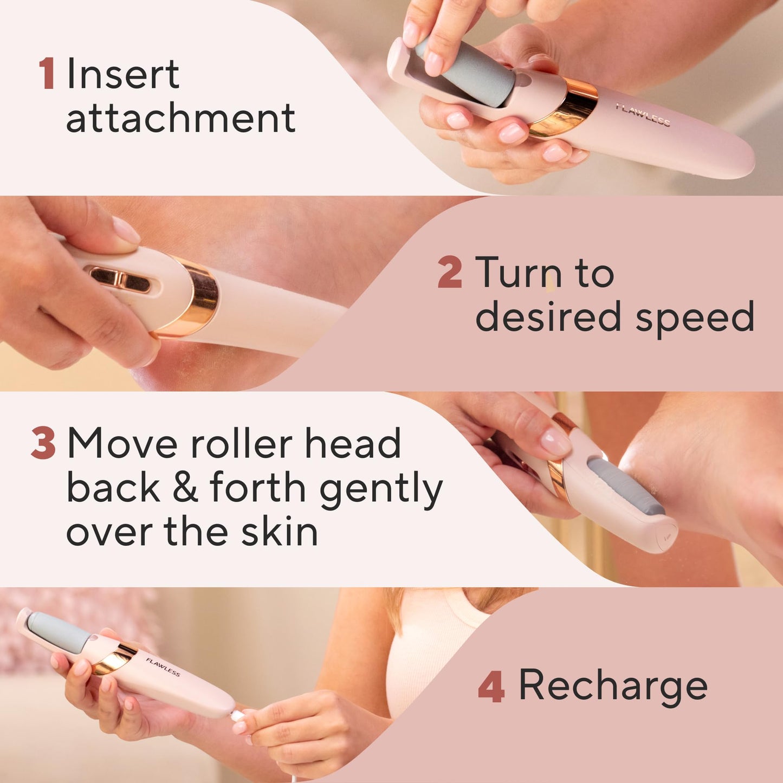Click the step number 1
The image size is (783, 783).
(x=47, y=74)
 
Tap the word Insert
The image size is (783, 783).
(x=122, y=74)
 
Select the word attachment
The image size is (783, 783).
(x=180, y=118)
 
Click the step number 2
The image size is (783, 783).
(x=450, y=273)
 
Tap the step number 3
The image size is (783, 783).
(x=43, y=443)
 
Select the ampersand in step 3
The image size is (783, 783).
(x=185, y=488)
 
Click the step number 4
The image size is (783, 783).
(x=491, y=686)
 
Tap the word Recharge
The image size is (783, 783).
(x=613, y=686)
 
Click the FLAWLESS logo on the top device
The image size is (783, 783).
(x=643, y=115)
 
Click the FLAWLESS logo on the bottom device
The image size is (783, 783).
(x=163, y=667)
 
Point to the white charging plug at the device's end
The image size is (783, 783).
(x=238, y=715)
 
